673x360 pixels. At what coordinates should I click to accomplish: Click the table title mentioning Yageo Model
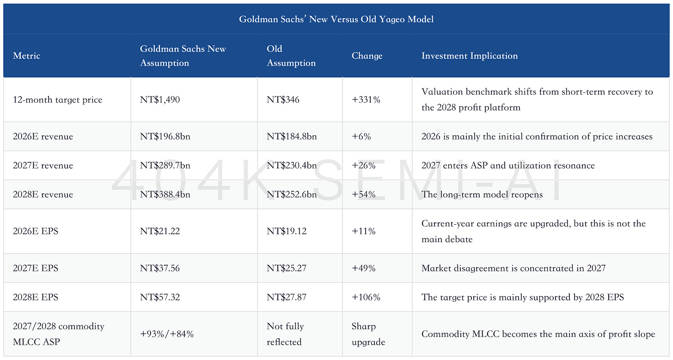point(336,19)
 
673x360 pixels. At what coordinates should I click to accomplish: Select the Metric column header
point(26,55)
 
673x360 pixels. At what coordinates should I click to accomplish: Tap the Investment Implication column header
point(470,55)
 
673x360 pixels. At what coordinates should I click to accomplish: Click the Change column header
point(367,55)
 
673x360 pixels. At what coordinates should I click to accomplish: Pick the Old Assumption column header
point(291,55)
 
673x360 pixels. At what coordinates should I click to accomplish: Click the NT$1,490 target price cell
point(160,99)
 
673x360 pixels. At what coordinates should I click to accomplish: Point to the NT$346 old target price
point(283,99)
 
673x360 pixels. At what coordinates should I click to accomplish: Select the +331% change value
point(366,99)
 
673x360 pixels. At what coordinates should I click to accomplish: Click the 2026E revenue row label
point(43,136)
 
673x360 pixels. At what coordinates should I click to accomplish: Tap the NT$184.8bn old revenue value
point(292,136)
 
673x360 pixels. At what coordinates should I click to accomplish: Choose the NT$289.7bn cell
point(165,165)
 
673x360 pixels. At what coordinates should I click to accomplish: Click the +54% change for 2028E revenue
point(363,195)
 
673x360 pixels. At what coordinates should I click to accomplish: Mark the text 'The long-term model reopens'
point(482,195)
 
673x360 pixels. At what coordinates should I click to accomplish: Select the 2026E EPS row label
point(36,231)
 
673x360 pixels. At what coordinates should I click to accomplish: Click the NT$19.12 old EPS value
point(287,231)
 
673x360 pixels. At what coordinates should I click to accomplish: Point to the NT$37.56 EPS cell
point(160,268)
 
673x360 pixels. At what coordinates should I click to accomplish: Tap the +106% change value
point(366,297)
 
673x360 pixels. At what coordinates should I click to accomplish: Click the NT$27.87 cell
point(287,297)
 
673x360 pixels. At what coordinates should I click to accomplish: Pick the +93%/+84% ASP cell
point(167,334)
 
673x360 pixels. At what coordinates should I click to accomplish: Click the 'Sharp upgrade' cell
point(368,334)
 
